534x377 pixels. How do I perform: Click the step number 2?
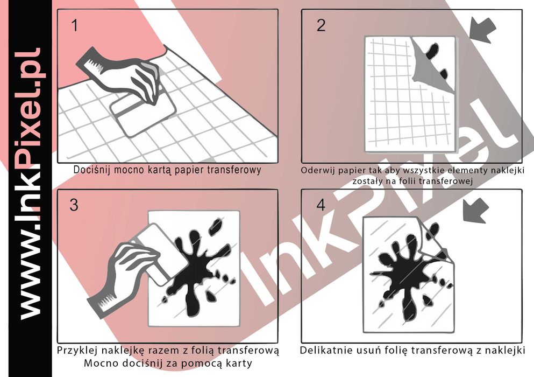[x=321, y=26]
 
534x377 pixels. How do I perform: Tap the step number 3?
[x=74, y=205]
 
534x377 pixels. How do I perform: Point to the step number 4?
[x=321, y=205]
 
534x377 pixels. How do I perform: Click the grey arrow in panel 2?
[x=482, y=30]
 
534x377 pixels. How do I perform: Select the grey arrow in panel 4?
[x=476, y=210]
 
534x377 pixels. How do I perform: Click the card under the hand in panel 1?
[x=144, y=113]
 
